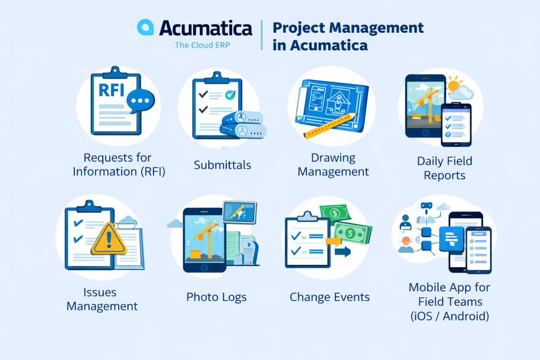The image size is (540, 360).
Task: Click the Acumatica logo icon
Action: [x=145, y=27]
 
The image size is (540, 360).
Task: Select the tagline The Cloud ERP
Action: [x=202, y=45]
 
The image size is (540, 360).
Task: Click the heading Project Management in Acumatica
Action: [x=348, y=36]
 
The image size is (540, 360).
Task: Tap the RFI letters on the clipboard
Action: [x=112, y=90]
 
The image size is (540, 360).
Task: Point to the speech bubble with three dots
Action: [x=141, y=100]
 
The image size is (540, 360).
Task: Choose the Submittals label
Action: [x=223, y=165]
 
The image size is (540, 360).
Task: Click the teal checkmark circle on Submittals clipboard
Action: [x=229, y=95]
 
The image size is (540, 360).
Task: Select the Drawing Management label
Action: [x=333, y=164]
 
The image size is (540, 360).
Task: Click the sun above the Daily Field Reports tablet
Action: [x=455, y=84]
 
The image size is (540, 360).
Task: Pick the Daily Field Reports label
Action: [x=445, y=168]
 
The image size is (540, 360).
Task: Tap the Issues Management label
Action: [x=102, y=299]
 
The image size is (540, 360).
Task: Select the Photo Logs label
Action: [x=216, y=297]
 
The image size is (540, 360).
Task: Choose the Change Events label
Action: [x=330, y=297]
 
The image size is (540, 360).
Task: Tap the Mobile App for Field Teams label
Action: [x=449, y=302]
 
